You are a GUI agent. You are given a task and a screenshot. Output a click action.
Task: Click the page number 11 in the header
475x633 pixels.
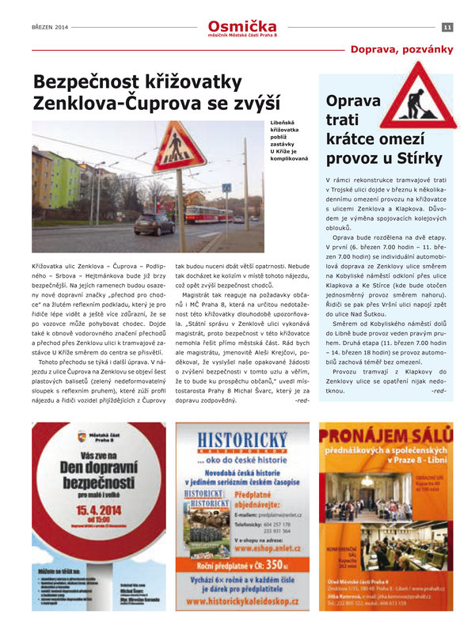[x=447, y=28]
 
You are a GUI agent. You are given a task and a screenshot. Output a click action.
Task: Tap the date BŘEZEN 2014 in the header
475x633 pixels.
[x=50, y=28]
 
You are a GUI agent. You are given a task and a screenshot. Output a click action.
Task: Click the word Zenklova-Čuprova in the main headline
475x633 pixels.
[x=127, y=102]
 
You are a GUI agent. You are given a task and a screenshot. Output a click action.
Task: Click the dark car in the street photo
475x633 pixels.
[x=154, y=224]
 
